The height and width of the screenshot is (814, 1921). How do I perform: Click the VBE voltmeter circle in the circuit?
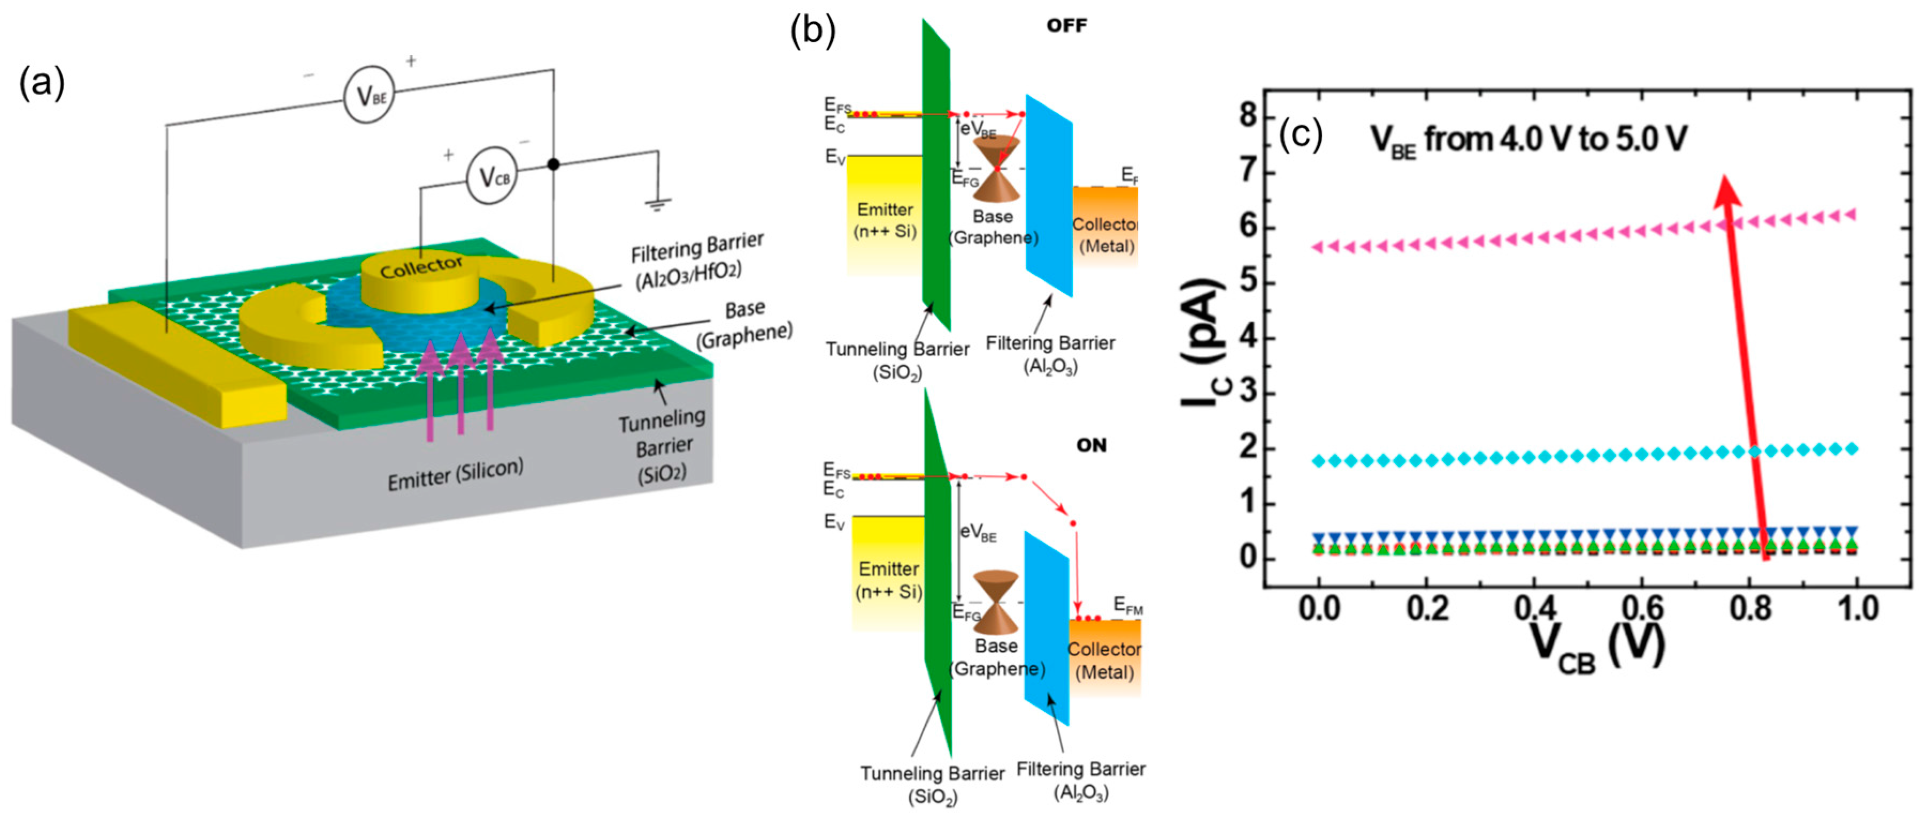point(368,96)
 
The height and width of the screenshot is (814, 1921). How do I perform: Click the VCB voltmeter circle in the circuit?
point(491,178)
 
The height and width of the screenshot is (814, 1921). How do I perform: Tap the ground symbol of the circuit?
point(658,203)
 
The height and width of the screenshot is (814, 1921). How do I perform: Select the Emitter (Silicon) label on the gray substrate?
point(455,473)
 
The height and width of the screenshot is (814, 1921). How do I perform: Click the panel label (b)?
point(813,30)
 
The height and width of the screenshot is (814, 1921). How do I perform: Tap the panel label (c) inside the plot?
point(1301,135)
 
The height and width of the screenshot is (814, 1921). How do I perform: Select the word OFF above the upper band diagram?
point(1066,26)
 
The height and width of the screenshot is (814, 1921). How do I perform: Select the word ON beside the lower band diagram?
point(1091,446)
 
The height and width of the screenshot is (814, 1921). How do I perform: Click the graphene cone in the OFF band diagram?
point(996,169)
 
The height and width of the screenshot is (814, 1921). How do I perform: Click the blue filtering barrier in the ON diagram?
point(1046,626)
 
